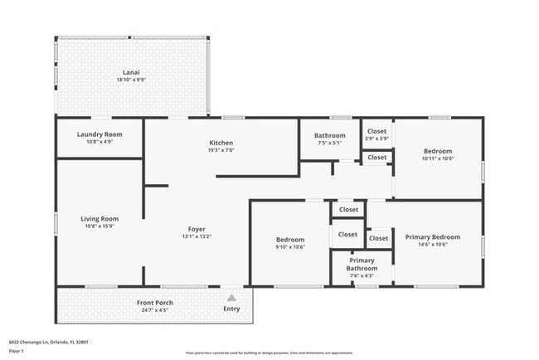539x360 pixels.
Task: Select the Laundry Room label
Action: pyautogui.click(x=100, y=134)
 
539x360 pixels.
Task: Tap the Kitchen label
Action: pyautogui.click(x=221, y=143)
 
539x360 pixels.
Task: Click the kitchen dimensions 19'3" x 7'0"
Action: pyautogui.click(x=221, y=151)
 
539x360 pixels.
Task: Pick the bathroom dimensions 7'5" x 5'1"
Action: pyautogui.click(x=329, y=143)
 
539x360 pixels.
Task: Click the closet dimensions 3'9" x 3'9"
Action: pyautogui.click(x=376, y=139)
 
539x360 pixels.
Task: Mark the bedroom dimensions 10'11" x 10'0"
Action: pyautogui.click(x=438, y=158)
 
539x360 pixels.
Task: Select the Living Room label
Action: pyautogui.click(x=100, y=219)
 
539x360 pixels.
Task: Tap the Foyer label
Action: pyautogui.click(x=197, y=229)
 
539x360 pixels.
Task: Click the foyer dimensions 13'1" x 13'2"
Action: pyautogui.click(x=197, y=236)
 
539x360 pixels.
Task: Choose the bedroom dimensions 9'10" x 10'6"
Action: pyautogui.click(x=290, y=247)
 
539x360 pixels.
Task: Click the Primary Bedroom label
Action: pyautogui.click(x=432, y=237)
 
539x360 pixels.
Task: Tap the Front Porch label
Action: pyautogui.click(x=155, y=303)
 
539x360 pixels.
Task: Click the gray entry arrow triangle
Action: pyautogui.click(x=231, y=296)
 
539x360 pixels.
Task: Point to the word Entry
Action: pyautogui.click(x=231, y=309)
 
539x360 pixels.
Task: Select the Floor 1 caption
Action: pyautogui.click(x=17, y=352)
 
